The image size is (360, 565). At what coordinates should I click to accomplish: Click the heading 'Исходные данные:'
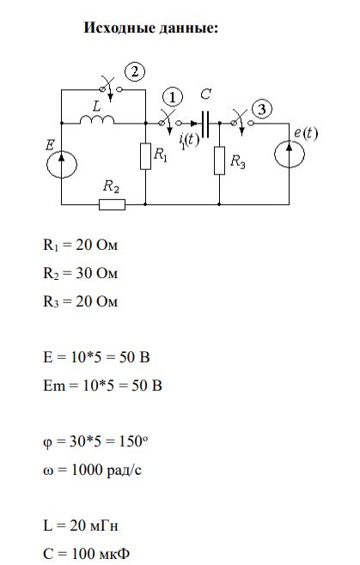[150, 27]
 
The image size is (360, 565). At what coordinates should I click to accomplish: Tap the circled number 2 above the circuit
[135, 72]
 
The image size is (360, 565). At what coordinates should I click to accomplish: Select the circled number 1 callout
[173, 97]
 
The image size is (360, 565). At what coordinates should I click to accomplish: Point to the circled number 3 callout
[262, 109]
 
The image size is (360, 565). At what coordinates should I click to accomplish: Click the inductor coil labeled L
[97, 119]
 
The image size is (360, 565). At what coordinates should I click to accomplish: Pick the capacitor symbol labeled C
[205, 124]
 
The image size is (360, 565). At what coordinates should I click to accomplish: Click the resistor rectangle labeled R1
[145, 156]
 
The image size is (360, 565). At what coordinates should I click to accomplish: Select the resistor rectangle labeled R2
[113, 204]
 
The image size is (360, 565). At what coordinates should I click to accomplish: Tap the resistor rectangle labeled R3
[219, 161]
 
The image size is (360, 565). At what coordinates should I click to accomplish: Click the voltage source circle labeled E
[62, 164]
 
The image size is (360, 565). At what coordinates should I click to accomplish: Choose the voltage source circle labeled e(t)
[290, 155]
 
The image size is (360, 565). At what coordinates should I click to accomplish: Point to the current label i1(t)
[189, 140]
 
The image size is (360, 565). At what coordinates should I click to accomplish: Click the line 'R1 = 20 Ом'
[81, 245]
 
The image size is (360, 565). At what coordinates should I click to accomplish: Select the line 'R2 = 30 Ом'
[81, 273]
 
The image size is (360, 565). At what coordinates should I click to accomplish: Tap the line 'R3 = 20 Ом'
[81, 301]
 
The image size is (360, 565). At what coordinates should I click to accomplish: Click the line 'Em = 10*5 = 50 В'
[102, 386]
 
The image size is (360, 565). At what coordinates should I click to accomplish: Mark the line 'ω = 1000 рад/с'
[92, 470]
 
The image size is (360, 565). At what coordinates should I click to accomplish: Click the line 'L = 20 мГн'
[81, 526]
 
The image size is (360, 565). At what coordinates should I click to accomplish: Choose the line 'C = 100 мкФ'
[86, 554]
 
